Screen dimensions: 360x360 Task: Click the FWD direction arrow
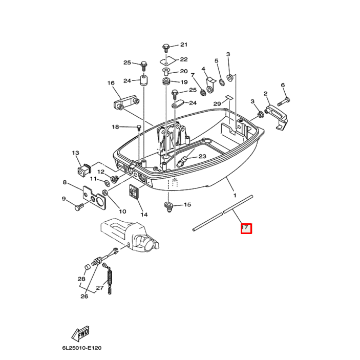(80, 334)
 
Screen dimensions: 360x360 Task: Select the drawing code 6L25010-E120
(82, 348)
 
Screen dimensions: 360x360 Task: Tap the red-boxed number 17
(246, 228)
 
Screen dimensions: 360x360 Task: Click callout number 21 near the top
(184, 45)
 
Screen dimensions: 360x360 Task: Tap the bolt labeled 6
(286, 99)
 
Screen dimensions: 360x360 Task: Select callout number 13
(76, 153)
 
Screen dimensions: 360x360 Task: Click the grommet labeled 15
(167, 206)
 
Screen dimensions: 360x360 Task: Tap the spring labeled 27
(109, 280)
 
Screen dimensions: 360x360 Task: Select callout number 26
(84, 296)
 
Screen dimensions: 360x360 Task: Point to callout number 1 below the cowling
(235, 195)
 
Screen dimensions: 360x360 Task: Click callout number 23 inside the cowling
(202, 156)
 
